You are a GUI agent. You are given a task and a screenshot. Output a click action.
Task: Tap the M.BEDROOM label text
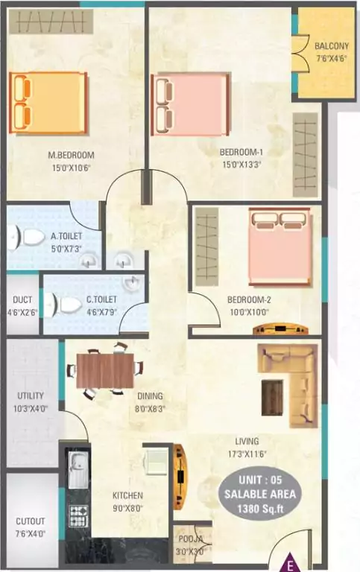(71, 156)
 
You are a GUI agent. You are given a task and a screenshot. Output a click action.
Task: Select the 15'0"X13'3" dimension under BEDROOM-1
(240, 165)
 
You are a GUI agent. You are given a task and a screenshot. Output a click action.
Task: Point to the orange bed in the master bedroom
(48, 103)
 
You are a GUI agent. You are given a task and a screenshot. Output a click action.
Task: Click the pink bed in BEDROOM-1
(190, 104)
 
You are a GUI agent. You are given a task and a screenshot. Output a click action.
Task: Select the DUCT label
(22, 300)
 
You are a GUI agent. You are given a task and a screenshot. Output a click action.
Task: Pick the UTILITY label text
(31, 396)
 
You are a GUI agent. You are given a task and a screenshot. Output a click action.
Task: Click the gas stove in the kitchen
(78, 514)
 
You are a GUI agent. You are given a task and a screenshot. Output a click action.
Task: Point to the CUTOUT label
(31, 521)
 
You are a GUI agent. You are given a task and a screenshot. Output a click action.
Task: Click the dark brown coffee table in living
(272, 397)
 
